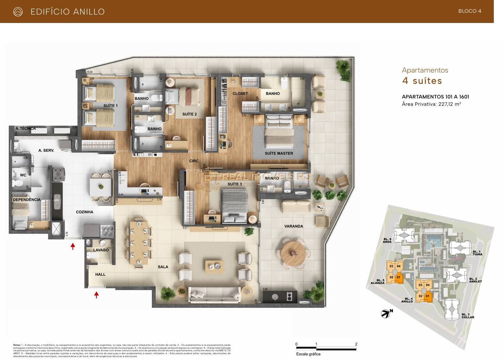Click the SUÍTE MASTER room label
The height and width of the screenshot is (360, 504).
coord(279,153)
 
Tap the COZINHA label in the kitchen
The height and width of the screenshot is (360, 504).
coord(85,212)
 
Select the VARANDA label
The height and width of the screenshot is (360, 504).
coord(293,226)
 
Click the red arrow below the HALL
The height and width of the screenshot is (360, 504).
coord(97,295)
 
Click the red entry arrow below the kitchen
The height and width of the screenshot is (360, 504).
coord(73,246)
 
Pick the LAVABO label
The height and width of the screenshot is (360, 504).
coord(101,250)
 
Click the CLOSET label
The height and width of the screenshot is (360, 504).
coord(240,94)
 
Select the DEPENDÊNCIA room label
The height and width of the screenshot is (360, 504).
coord(27,200)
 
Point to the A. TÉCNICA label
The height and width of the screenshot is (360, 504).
coord(26,128)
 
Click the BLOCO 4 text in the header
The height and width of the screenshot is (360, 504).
coord(470,11)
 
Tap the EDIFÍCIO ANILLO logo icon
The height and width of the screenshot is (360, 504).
coord(18,12)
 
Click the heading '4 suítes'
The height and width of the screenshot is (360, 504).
coord(422,81)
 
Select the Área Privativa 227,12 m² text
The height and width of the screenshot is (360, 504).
coord(431,104)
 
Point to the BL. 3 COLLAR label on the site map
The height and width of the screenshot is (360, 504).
coord(468,316)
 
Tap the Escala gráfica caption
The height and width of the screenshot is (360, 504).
coord(308,354)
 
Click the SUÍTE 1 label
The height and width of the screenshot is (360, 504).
coord(110,106)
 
